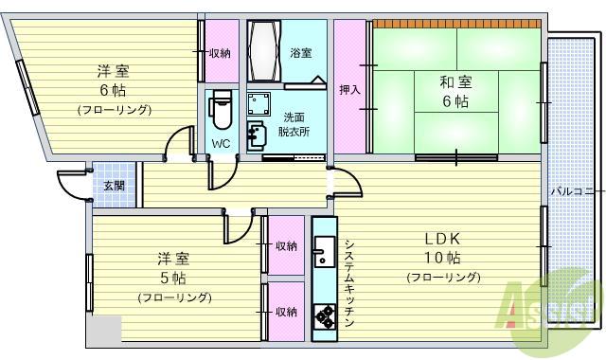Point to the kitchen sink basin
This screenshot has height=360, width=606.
(x=324, y=254)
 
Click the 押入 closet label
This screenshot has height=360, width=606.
(x=349, y=89)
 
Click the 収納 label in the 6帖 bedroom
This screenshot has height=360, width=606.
(x=220, y=53)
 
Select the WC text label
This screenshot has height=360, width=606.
(x=221, y=144)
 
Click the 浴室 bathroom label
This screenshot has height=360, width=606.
(x=300, y=53)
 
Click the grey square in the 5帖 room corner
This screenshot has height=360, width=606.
(x=107, y=328)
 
